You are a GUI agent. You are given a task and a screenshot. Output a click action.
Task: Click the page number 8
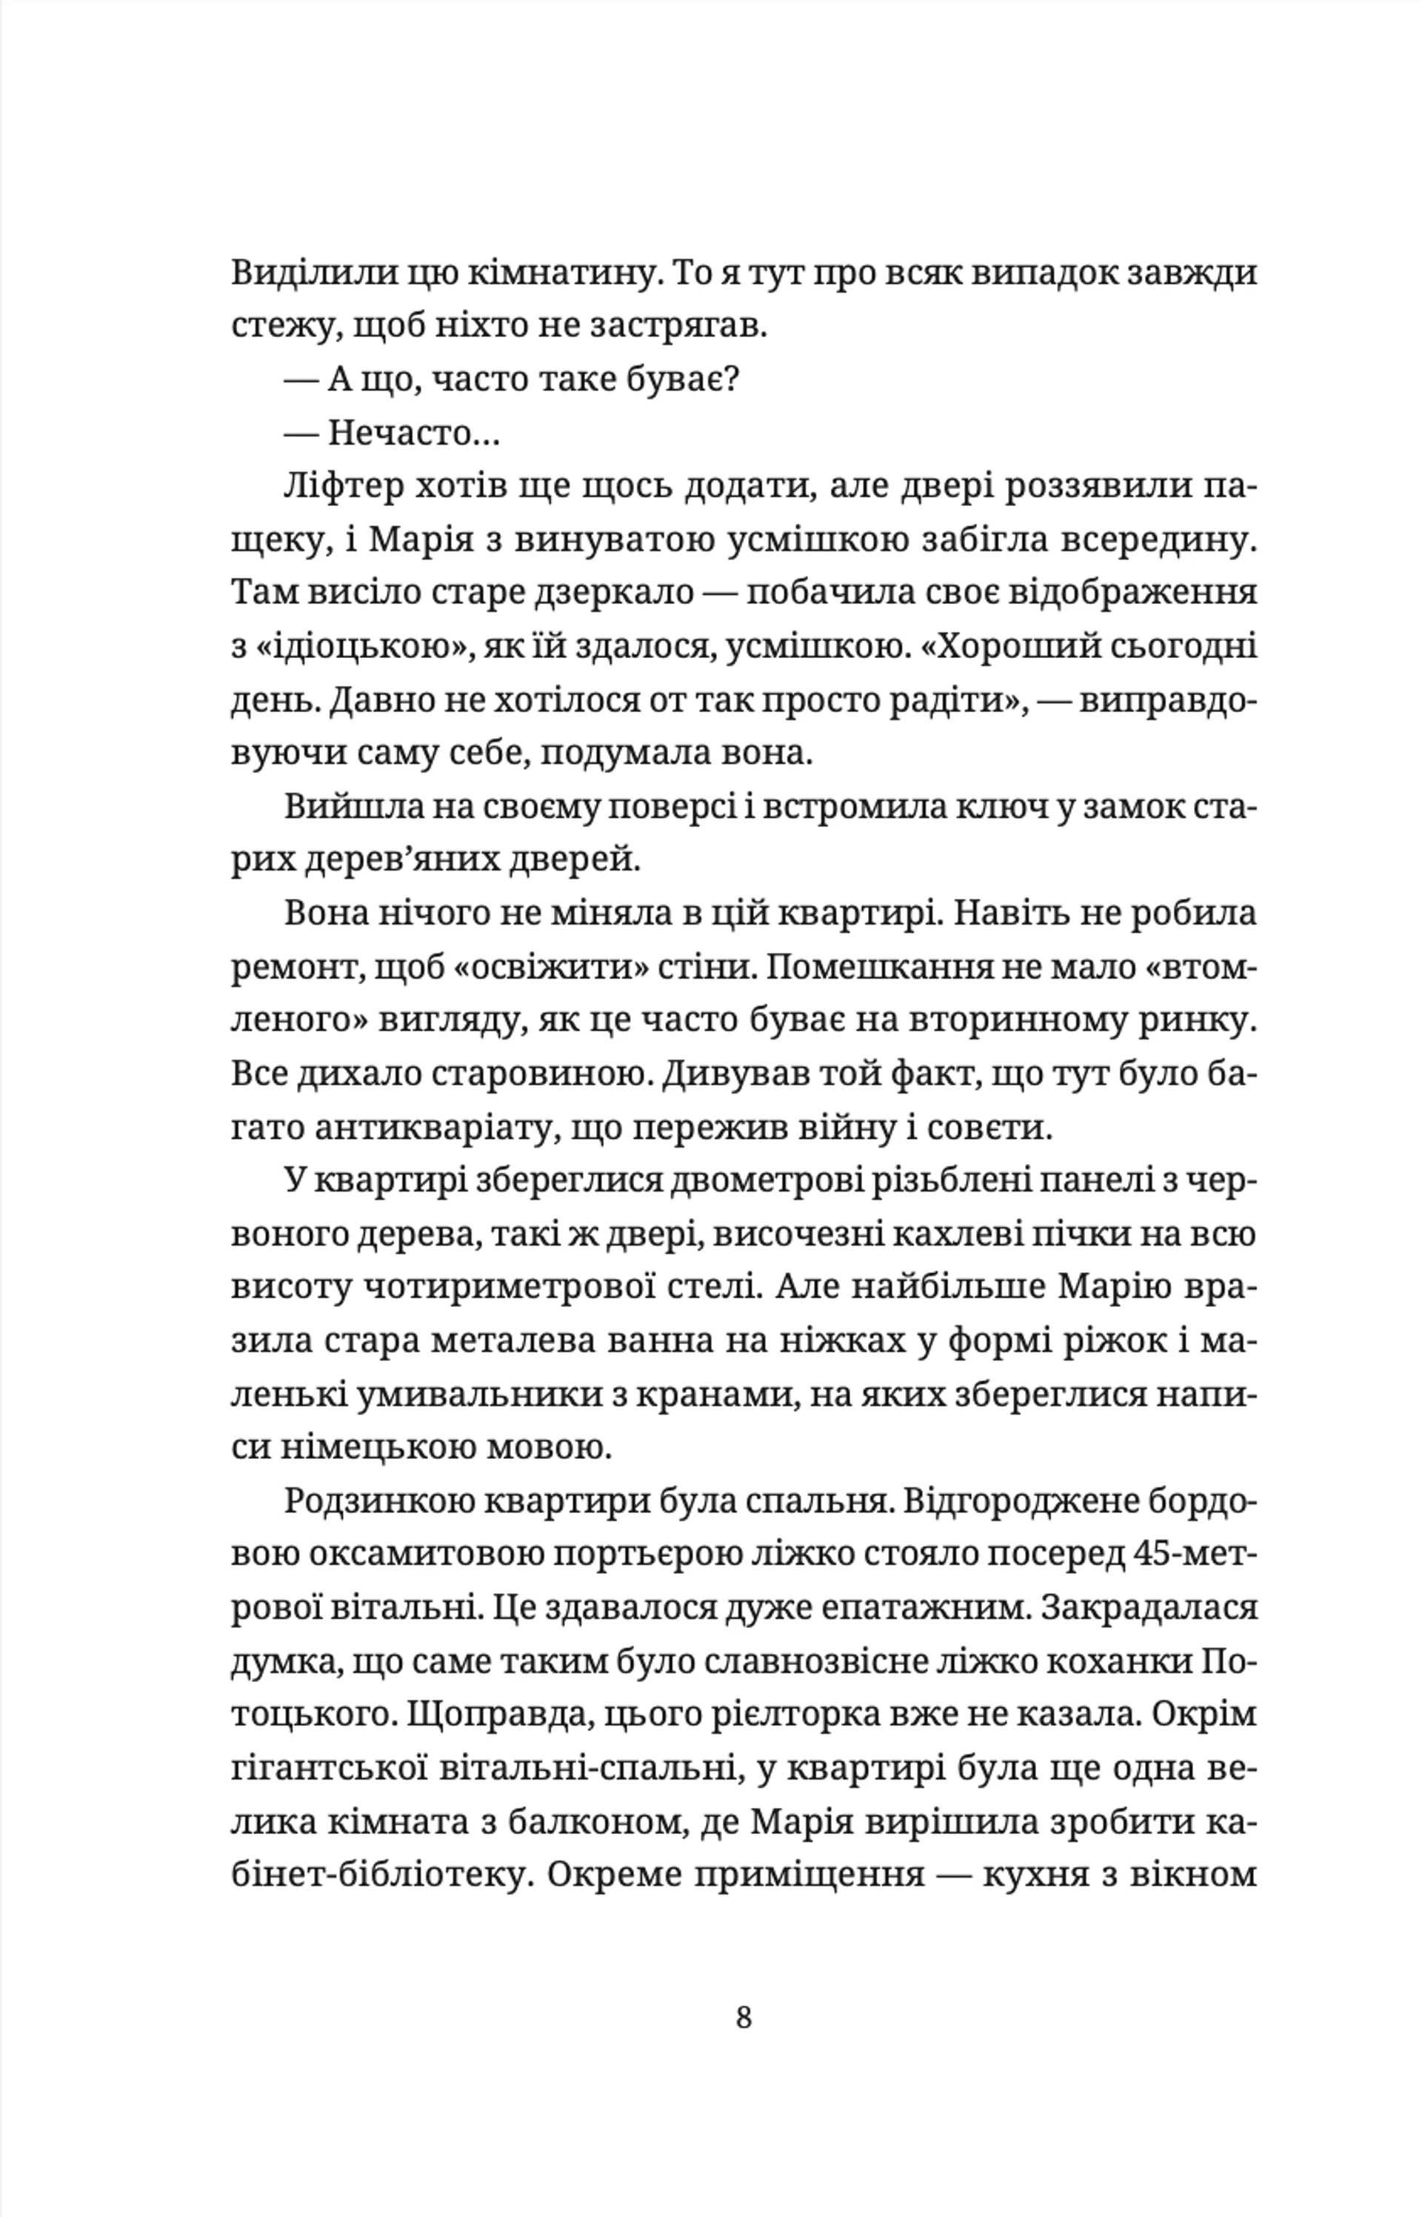point(744,2018)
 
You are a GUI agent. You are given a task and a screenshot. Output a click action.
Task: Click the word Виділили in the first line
point(293,273)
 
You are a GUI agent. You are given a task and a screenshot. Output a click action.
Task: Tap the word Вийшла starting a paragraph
point(341,806)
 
